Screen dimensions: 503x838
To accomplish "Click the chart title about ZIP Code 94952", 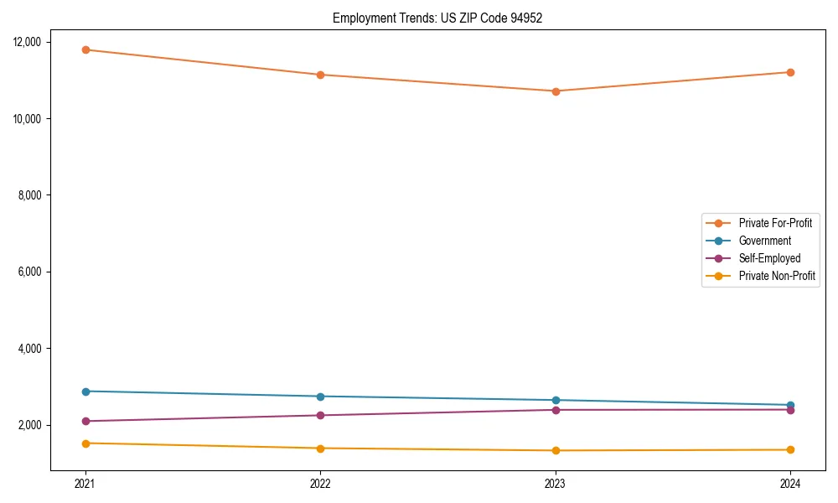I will [x=437, y=18].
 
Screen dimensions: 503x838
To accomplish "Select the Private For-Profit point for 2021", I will [x=85, y=49].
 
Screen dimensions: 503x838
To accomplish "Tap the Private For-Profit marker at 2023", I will [x=556, y=91].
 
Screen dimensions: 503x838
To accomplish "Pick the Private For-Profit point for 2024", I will [x=790, y=72].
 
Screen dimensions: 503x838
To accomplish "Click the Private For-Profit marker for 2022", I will [x=320, y=75].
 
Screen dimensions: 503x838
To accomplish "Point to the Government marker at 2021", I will [x=85, y=392].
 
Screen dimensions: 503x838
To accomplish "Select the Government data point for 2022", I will [x=320, y=397].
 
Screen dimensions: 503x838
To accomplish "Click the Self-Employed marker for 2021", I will [x=85, y=421].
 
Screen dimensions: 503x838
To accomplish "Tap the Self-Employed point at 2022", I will [x=320, y=415].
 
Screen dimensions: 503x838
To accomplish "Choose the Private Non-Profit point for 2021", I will [x=85, y=443].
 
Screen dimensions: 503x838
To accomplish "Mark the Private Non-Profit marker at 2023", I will [x=556, y=450].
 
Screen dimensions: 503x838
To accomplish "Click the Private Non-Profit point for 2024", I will [x=790, y=449].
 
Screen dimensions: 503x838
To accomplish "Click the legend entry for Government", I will [x=764, y=241].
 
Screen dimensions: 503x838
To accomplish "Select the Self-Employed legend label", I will [x=769, y=258].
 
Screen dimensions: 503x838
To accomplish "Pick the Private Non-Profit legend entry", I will [x=777, y=276].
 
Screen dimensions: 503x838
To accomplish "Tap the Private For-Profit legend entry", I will [x=775, y=223].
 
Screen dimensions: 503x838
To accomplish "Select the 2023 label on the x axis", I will [x=556, y=483].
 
